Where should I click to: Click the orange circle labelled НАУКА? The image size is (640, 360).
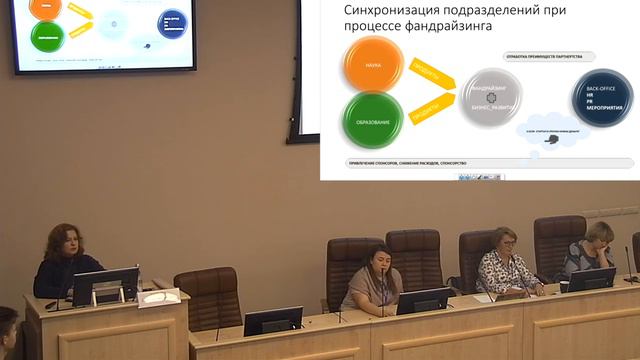click(372, 65)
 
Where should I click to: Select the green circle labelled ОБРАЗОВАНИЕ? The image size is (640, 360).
click(372, 122)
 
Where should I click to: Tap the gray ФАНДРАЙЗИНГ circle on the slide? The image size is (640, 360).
click(492, 97)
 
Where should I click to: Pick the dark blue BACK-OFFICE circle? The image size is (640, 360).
click(602, 97)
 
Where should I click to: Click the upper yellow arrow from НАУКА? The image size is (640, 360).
click(429, 72)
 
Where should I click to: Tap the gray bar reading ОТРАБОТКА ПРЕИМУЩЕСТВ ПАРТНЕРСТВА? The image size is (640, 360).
click(544, 57)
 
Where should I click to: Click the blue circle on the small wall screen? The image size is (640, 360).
click(174, 23)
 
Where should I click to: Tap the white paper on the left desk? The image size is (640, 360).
click(159, 297)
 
